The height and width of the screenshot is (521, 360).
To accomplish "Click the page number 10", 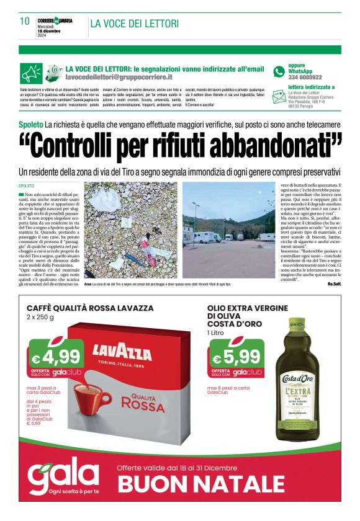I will [x=24, y=22].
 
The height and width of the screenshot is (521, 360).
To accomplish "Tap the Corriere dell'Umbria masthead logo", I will [x=55, y=20].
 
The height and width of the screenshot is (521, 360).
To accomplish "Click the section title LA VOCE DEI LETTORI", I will [x=134, y=24].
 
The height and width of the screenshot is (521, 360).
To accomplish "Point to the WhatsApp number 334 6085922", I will [x=305, y=78].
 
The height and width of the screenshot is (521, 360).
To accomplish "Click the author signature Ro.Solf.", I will [x=334, y=283].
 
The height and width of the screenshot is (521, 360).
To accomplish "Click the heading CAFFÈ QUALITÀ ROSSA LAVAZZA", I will [x=89, y=308].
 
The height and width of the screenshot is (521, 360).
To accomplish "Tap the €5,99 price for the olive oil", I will [x=236, y=357].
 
